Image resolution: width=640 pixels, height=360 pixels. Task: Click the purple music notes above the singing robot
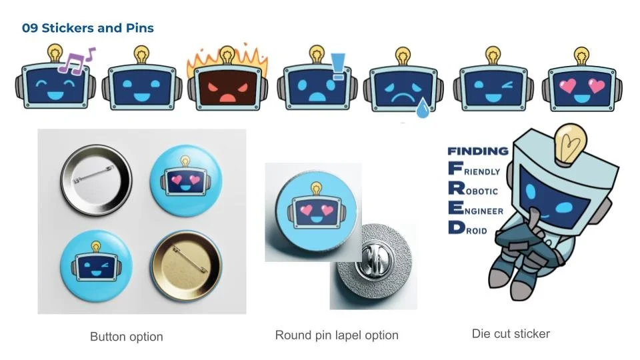(76, 60)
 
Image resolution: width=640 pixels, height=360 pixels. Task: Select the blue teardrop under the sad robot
(422, 109)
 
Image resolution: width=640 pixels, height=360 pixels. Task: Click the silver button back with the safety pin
(97, 180)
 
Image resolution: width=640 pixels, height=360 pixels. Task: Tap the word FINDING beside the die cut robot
(477, 151)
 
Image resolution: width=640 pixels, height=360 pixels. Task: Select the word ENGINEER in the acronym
(484, 211)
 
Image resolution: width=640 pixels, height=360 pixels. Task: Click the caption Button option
(127, 337)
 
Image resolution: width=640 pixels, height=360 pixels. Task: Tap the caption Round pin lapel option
(337, 335)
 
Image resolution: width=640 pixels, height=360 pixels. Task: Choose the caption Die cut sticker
(511, 333)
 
